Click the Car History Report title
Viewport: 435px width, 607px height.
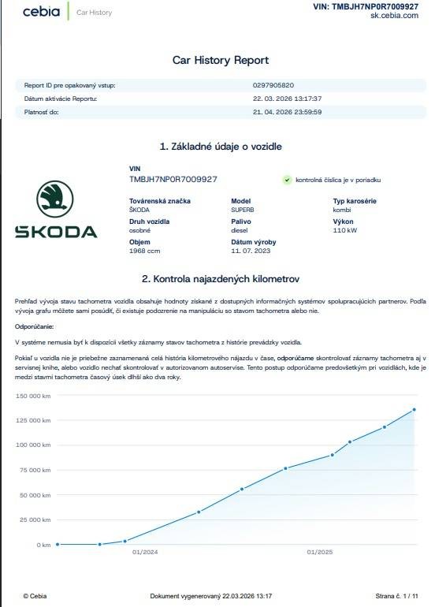(221, 60)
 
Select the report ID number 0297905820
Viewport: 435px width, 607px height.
(273, 85)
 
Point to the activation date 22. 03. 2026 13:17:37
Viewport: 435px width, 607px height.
(288, 99)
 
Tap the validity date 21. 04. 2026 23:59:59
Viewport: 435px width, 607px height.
(287, 112)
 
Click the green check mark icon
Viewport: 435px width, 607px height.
(288, 180)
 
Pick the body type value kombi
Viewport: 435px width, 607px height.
(343, 210)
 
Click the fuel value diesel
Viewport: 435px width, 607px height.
(240, 230)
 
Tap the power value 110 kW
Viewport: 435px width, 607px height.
(344, 230)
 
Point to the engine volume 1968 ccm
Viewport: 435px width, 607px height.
(144, 251)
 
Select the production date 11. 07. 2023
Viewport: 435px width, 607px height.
(251, 251)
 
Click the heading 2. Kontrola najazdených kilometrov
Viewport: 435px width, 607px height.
(221, 279)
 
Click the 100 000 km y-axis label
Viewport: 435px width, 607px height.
(33, 445)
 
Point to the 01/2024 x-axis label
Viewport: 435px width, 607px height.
(146, 552)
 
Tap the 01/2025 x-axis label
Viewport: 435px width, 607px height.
(319, 552)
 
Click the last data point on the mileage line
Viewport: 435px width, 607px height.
(414, 409)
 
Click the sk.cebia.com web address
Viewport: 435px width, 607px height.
(394, 15)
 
